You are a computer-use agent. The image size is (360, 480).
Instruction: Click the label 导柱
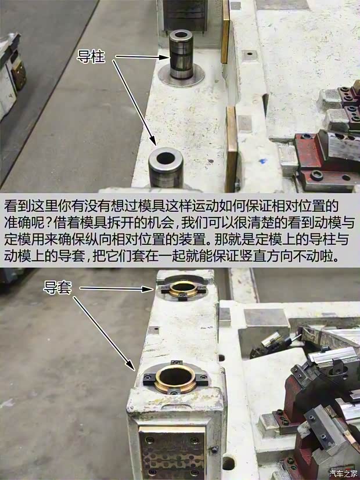pyautogui.click(x=91, y=57)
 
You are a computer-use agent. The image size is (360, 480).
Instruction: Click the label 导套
pyautogui.click(x=57, y=287)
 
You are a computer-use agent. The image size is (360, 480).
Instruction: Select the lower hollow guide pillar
pyautogui.click(x=165, y=167)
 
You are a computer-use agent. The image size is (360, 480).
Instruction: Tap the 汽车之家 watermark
pyautogui.click(x=343, y=471)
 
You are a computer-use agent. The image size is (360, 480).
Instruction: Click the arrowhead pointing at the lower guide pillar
pyautogui.click(x=154, y=142)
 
